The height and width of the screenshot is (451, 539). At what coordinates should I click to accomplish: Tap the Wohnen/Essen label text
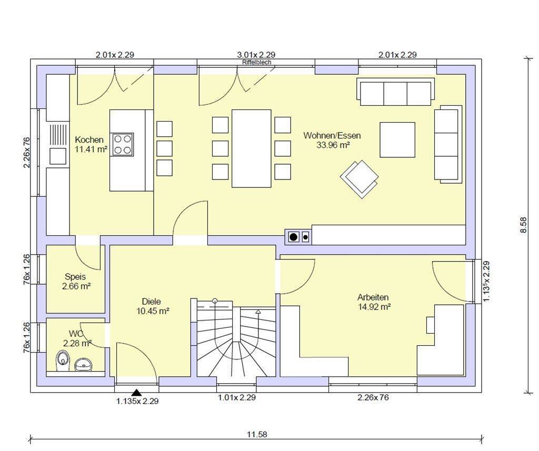click(332, 135)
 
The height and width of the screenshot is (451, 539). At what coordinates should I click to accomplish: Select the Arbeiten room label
click(373, 297)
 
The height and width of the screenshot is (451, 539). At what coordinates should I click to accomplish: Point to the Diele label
click(151, 302)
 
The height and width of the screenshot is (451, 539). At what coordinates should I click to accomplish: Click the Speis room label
click(75, 277)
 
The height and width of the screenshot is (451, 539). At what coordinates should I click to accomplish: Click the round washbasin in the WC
click(83, 364)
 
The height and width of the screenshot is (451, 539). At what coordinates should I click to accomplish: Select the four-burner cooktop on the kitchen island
click(122, 144)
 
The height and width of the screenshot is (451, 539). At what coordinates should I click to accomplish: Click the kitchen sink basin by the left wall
click(58, 156)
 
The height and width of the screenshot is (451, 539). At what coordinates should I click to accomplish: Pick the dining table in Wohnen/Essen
click(251, 148)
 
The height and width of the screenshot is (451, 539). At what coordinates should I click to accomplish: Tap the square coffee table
click(397, 139)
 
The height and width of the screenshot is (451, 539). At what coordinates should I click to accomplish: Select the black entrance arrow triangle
click(137, 393)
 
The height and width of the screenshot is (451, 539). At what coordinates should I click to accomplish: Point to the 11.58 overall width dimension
click(257, 435)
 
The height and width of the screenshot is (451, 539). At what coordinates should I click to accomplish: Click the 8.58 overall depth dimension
click(524, 225)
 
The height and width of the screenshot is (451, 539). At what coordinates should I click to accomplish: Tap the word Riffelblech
click(256, 62)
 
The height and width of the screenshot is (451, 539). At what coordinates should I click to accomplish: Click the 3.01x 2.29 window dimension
click(256, 55)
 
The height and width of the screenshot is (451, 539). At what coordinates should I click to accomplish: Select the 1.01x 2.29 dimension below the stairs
click(237, 398)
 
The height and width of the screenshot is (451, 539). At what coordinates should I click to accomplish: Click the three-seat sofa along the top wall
click(395, 92)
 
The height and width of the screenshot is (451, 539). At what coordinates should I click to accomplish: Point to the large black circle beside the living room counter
click(294, 237)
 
